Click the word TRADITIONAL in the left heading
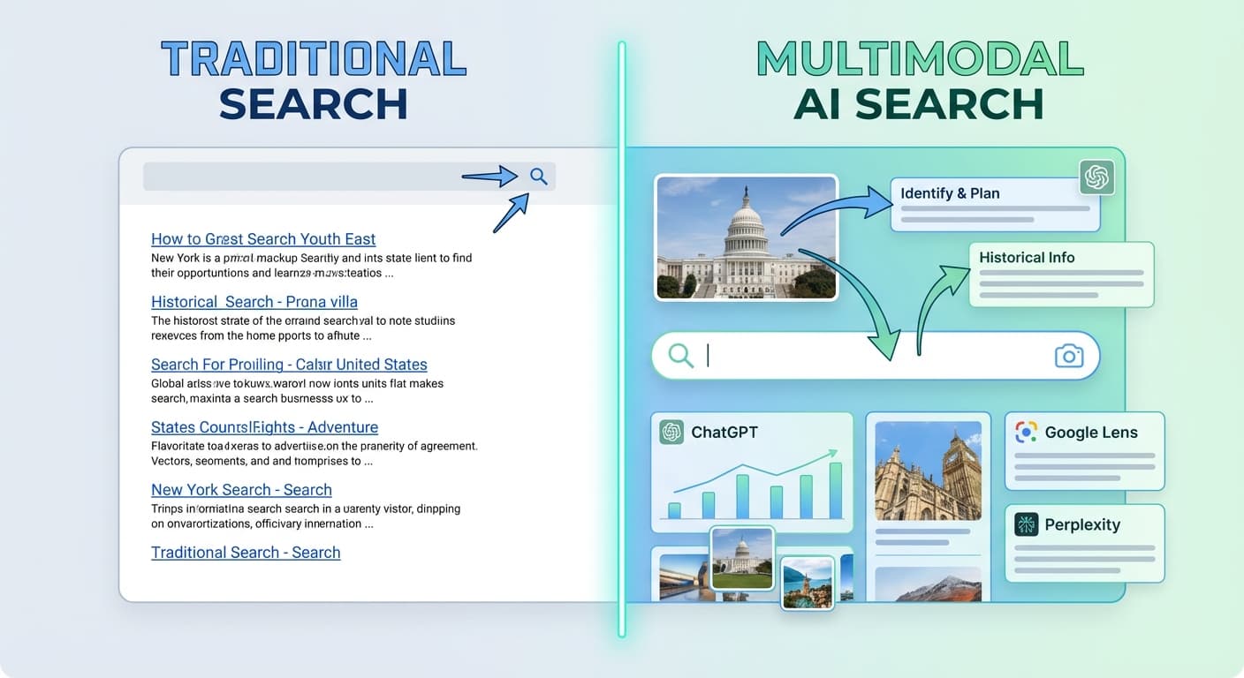coord(313,59)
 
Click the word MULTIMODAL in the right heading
coord(919,59)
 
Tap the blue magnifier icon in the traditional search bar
coord(538,177)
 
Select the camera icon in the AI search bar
coord(1069,356)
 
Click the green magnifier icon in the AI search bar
coord(680,356)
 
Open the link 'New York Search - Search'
coord(241,490)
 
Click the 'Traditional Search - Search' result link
coord(246,553)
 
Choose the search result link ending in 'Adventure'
coord(264,427)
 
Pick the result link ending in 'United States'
coord(289,365)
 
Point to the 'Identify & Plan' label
coord(950,193)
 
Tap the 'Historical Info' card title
coord(1027,258)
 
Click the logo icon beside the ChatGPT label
coord(671,432)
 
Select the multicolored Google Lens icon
coord(1026,433)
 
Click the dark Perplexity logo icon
coord(1026,524)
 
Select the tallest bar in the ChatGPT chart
coord(835,490)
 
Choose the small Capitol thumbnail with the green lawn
coord(742,558)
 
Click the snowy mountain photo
coord(928,584)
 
